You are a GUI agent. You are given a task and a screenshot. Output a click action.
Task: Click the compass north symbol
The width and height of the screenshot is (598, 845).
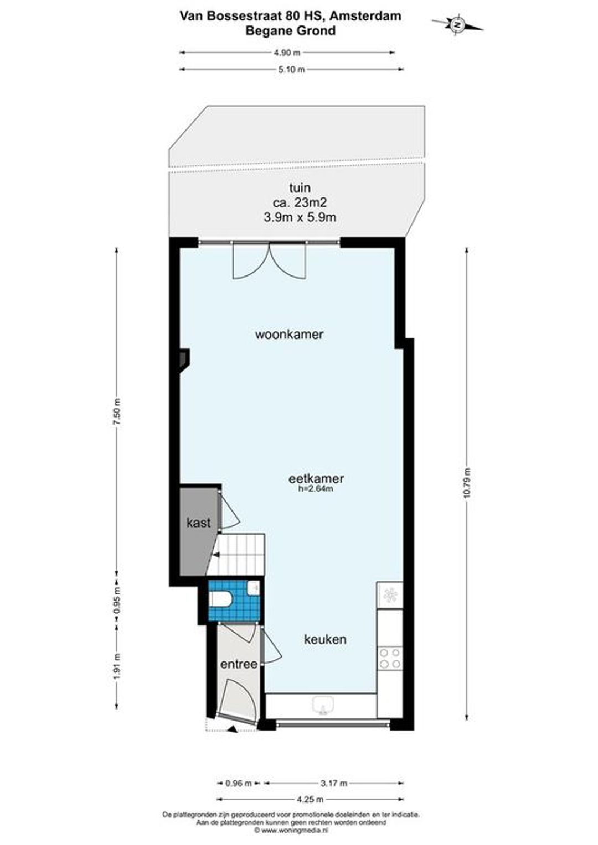point(457,25)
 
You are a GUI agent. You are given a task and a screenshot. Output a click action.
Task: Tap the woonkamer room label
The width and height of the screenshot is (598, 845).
point(289,334)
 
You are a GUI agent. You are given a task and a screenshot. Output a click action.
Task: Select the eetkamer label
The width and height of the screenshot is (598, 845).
point(316,479)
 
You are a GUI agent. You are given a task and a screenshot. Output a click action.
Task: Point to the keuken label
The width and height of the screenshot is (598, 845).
point(325,639)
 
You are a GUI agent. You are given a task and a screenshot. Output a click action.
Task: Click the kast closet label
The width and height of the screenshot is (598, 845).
point(199,523)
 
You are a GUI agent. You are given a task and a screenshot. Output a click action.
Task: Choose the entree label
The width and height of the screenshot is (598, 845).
point(239,664)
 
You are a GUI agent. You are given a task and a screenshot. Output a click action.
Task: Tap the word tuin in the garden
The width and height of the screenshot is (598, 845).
point(300,188)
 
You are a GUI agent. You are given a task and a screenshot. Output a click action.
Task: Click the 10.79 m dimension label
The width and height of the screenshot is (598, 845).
point(467,483)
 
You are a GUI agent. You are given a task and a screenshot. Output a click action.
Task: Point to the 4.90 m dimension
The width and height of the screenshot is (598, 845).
point(287,53)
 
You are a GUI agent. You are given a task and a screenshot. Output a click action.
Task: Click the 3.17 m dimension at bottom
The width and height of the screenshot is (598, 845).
point(333,784)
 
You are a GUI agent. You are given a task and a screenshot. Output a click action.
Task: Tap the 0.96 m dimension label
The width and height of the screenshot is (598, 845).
point(238,784)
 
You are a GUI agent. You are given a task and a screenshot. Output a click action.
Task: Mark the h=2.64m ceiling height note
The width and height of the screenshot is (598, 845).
point(316,489)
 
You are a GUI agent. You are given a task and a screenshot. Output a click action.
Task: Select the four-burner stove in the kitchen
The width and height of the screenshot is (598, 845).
point(390,658)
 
